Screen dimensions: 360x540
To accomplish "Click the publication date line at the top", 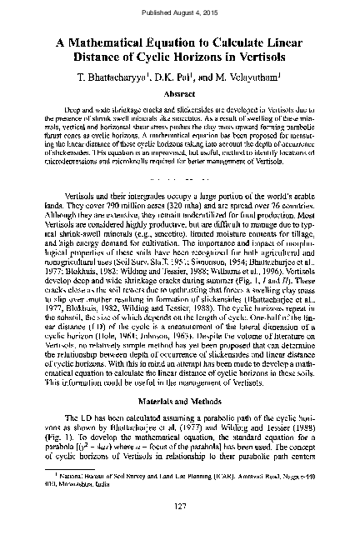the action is pos(179,12).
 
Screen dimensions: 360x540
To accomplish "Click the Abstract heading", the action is pos(179,92).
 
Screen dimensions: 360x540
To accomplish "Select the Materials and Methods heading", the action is pos(180,402).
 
